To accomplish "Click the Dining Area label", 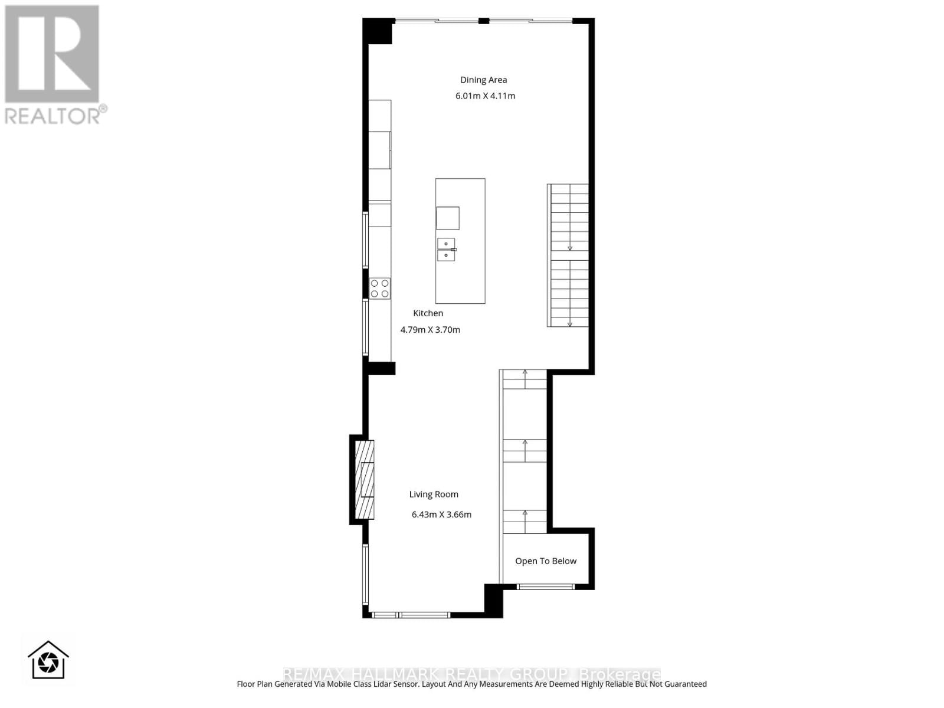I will tap(483, 80).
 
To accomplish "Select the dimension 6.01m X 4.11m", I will tap(485, 96).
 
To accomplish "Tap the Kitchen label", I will tap(428, 313).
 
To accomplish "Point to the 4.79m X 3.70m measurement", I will tap(430, 330).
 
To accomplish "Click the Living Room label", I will tap(434, 494).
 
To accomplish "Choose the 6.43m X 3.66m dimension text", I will tap(441, 514).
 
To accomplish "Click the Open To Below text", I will tap(546, 561).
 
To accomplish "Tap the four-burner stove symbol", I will tap(379, 289).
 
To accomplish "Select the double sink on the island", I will tap(446, 250).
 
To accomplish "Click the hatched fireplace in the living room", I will tap(365, 480).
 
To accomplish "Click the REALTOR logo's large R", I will tap(52, 54).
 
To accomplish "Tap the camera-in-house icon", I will tap(48, 661).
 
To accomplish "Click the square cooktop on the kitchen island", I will tap(448, 218).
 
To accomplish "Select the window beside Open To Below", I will tap(545, 586).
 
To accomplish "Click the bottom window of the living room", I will tap(410, 615).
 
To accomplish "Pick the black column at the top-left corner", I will tap(378, 31).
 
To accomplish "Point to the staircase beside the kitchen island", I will tap(569, 255).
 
